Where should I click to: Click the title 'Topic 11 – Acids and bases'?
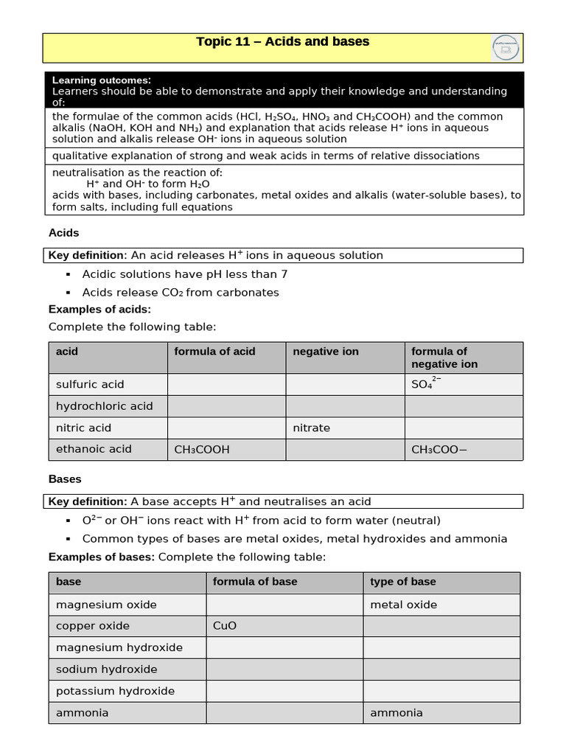pyautogui.click(x=282, y=42)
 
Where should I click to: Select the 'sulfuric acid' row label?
pyautogui.click(x=90, y=384)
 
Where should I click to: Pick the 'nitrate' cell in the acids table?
pyautogui.click(x=311, y=428)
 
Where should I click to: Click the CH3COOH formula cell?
pyautogui.click(x=202, y=449)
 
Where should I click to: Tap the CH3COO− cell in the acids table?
pyautogui.click(x=439, y=449)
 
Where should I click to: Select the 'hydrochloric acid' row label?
pyautogui.click(x=104, y=406)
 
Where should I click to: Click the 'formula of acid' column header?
pyautogui.click(x=214, y=352)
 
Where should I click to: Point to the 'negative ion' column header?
pyautogui.click(x=325, y=352)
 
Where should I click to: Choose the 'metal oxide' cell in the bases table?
pyautogui.click(x=403, y=605)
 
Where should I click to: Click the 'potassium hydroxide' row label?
pyautogui.click(x=115, y=691)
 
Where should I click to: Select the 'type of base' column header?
pyautogui.click(x=402, y=582)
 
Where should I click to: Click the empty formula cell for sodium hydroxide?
pyautogui.click(x=284, y=669)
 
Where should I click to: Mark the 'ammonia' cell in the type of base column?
pyautogui.click(x=396, y=712)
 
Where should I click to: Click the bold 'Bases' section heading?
pyautogui.click(x=65, y=479)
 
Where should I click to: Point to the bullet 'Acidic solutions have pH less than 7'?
pyautogui.click(x=184, y=274)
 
